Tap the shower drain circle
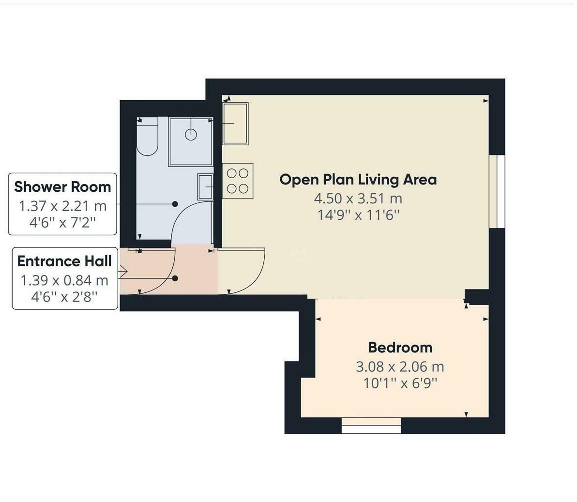point(191,135)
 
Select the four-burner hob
point(238,181)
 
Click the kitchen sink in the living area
point(235,123)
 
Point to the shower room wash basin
point(205,186)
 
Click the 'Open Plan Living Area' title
point(358,180)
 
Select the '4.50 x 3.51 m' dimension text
point(358,198)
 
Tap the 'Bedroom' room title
point(400,348)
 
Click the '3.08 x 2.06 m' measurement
point(400,366)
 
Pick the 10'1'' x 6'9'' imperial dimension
point(400,383)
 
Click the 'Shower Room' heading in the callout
point(62,187)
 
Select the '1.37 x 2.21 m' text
point(62,206)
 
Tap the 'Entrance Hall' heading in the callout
point(64,261)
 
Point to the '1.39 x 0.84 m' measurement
point(64,280)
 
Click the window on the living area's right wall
point(497,191)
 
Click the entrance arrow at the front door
point(123,272)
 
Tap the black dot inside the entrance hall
point(175,278)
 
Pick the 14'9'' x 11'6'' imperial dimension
point(358,215)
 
